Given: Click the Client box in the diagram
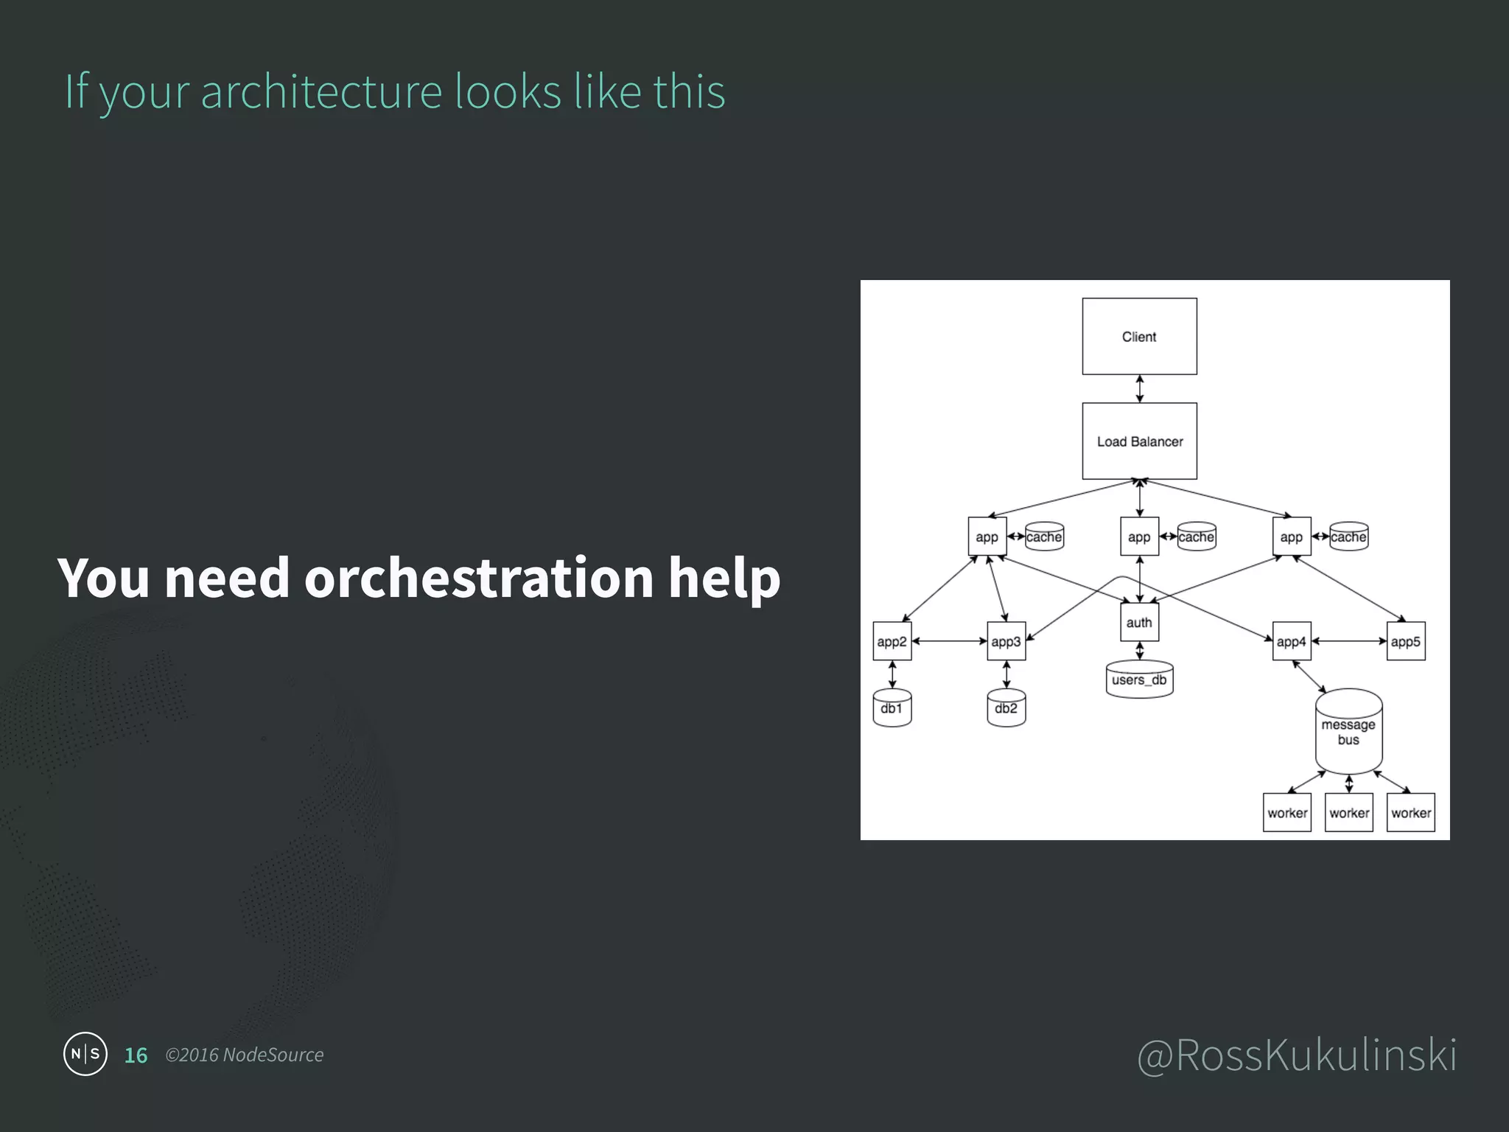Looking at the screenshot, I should click(1139, 336).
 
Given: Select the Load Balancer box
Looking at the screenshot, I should click(1139, 441).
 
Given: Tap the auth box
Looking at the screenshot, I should click(1139, 622).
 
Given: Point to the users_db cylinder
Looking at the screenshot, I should click(1139, 679).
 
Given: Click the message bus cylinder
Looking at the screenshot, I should click(1348, 732).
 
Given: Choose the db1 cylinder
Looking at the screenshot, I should click(892, 708).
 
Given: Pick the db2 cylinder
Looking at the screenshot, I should click(1006, 708).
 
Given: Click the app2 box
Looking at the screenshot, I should click(892, 641).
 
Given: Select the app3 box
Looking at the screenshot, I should click(1006, 641).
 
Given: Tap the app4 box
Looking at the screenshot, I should click(1291, 641).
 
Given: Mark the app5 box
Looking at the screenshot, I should click(1405, 641).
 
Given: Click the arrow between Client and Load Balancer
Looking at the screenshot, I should click(1140, 388).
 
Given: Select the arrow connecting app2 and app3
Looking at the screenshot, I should click(949, 641).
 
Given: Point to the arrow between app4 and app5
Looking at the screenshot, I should click(1348, 641).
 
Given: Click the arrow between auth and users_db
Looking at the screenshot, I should click(1140, 651).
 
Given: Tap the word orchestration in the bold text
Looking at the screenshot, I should click(479, 578).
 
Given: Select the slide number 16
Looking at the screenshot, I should click(136, 1055).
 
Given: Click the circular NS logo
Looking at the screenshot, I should click(85, 1054).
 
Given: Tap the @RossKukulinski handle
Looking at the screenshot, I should click(1297, 1055).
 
